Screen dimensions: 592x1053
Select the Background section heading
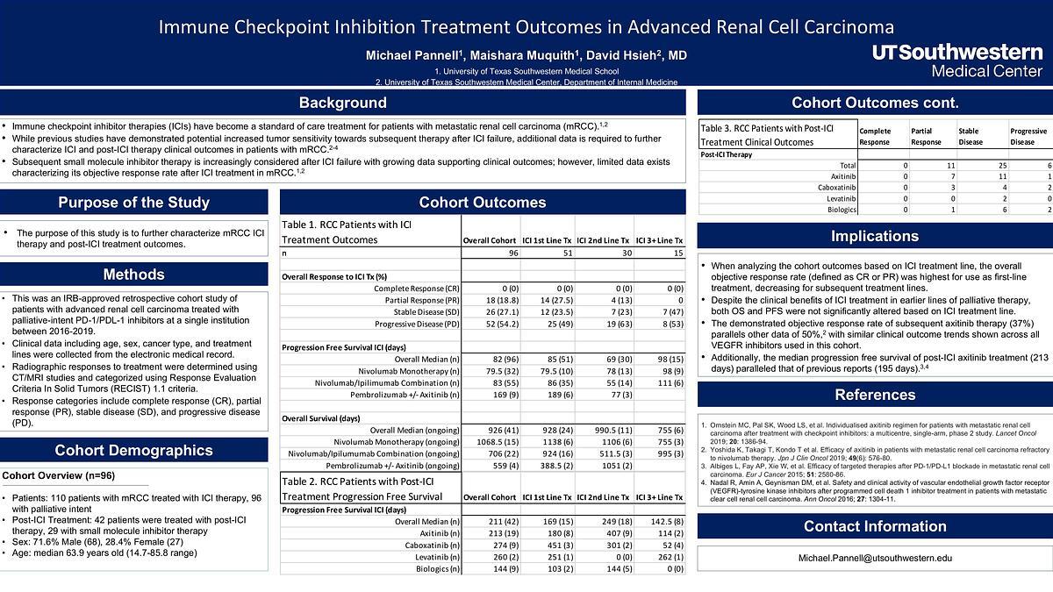pyautogui.click(x=342, y=103)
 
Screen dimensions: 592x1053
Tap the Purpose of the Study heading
pyautogui.click(x=133, y=203)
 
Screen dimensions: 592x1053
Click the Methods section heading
pyautogui.click(x=133, y=275)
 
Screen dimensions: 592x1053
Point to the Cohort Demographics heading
pyautogui.click(x=133, y=451)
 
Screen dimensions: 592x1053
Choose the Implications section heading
pyautogui.click(x=874, y=236)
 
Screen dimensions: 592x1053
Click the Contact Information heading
pyautogui.click(x=874, y=526)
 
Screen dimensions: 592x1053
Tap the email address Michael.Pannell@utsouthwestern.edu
pyautogui.click(x=874, y=559)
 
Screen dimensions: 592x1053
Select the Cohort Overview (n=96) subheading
pyautogui.click(x=58, y=476)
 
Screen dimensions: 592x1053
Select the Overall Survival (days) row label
pyautogui.click(x=321, y=418)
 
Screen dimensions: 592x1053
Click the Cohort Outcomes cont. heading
pyautogui.click(x=874, y=103)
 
